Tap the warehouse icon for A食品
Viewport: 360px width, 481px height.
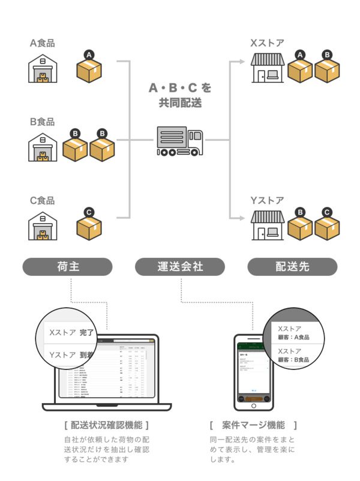(43, 69)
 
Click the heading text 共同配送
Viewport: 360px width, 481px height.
(180, 103)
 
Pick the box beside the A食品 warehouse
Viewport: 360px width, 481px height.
(89, 70)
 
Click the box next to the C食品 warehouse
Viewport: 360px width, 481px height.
(89, 227)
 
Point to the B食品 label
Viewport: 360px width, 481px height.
(42, 122)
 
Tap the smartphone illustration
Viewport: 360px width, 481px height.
(253, 372)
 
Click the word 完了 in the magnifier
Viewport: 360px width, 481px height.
(87, 332)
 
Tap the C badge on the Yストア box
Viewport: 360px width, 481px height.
(326, 212)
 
